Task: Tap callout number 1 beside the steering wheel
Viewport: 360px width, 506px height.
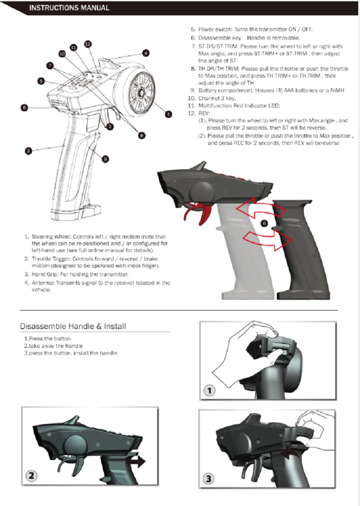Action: click(x=168, y=114)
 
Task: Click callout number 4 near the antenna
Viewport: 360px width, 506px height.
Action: click(x=146, y=53)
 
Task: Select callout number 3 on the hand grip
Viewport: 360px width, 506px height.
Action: click(x=28, y=151)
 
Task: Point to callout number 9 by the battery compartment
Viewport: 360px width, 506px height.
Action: click(x=105, y=158)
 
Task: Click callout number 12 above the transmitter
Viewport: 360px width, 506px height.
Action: click(x=88, y=44)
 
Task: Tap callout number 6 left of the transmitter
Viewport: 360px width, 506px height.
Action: click(x=24, y=108)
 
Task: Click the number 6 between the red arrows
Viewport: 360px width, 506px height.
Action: click(x=265, y=223)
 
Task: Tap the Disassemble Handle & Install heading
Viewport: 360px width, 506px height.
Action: click(x=73, y=326)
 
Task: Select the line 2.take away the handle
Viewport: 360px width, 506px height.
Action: click(x=53, y=346)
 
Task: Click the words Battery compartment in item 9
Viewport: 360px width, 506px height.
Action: click(x=226, y=90)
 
